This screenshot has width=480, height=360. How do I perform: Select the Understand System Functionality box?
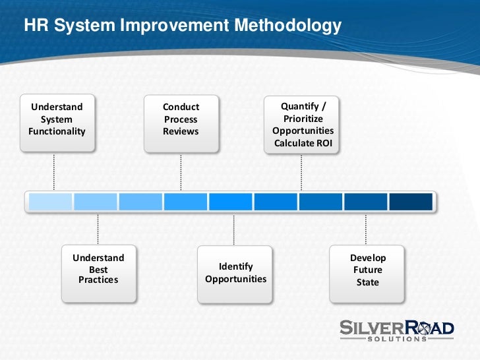click(x=57, y=119)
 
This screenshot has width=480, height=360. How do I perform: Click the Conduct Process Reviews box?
click(x=181, y=119)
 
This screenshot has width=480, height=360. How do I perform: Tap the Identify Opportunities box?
click(x=235, y=273)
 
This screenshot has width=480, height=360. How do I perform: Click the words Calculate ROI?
click(x=303, y=143)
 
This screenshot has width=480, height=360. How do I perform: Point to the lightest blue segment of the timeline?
click(x=50, y=202)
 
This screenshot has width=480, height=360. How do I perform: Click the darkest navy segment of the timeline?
click(x=411, y=202)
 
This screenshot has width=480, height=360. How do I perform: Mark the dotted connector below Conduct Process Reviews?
click(x=181, y=173)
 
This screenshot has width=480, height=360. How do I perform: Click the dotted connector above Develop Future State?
click(x=367, y=229)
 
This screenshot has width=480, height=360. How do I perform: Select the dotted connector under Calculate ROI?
click(x=303, y=173)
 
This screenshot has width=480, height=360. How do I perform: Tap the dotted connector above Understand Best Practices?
click(x=99, y=229)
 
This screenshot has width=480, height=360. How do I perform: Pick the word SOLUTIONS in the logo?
click(x=397, y=339)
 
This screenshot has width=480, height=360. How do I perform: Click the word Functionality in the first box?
click(x=57, y=131)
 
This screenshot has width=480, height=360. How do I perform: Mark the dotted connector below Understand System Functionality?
click(x=54, y=173)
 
